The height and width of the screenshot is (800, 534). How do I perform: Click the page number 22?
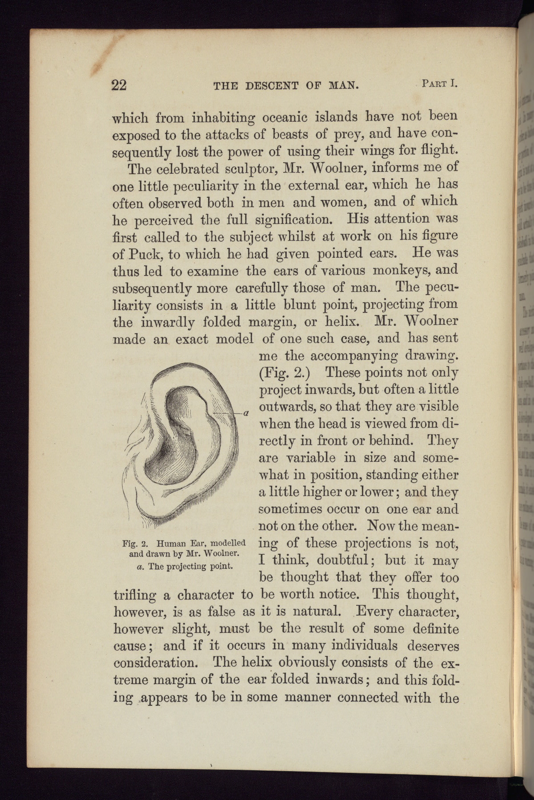pos(119,84)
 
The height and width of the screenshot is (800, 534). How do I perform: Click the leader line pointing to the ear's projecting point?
pos(226,413)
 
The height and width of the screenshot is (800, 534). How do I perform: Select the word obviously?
pos(320,663)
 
